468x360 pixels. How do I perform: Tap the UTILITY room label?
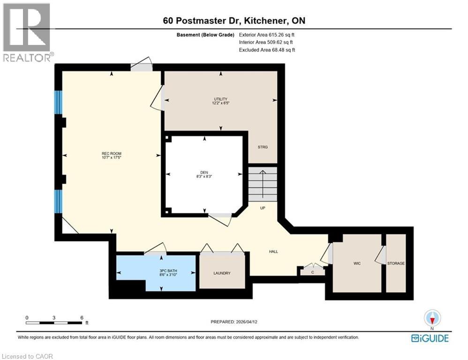[x=221, y=99]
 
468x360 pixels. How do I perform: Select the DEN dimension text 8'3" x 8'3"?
[x=204, y=177]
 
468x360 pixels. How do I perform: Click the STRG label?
[x=263, y=147]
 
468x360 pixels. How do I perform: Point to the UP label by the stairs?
[x=263, y=208]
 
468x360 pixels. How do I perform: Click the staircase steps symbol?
[x=263, y=184]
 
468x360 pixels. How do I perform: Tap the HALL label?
[x=273, y=252]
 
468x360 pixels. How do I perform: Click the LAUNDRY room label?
[x=222, y=273]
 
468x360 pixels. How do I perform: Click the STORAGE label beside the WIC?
[x=396, y=263]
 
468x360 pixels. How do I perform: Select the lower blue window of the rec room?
[x=58, y=201]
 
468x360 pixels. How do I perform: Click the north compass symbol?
[x=432, y=319]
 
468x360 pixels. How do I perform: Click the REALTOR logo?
[x=26, y=33]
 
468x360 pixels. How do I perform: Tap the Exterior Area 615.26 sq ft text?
[x=266, y=35]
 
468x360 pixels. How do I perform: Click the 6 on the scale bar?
[x=82, y=317]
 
